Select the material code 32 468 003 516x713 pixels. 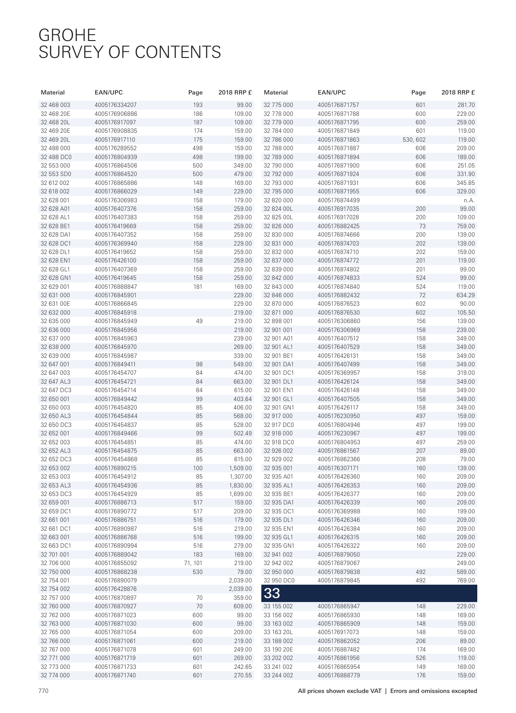(55, 105)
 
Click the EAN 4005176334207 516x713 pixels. (115, 105)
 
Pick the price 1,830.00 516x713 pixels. (240, 485)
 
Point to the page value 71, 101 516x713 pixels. (193, 563)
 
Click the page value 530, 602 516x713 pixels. (414, 139)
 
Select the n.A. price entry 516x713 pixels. (469, 200)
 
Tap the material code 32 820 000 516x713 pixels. (278, 200)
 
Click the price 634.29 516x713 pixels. (466, 295)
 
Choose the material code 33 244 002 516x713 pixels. (278, 676)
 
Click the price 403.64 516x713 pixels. (243, 399)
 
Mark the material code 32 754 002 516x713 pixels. (55, 589)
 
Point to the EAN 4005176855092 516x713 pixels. (115, 563)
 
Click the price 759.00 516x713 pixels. (466, 226)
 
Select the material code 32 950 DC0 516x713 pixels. (279, 580)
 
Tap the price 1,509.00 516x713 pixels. (240, 468)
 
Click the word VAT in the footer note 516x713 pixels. (376, 691)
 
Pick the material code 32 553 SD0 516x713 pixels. (56, 174)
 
